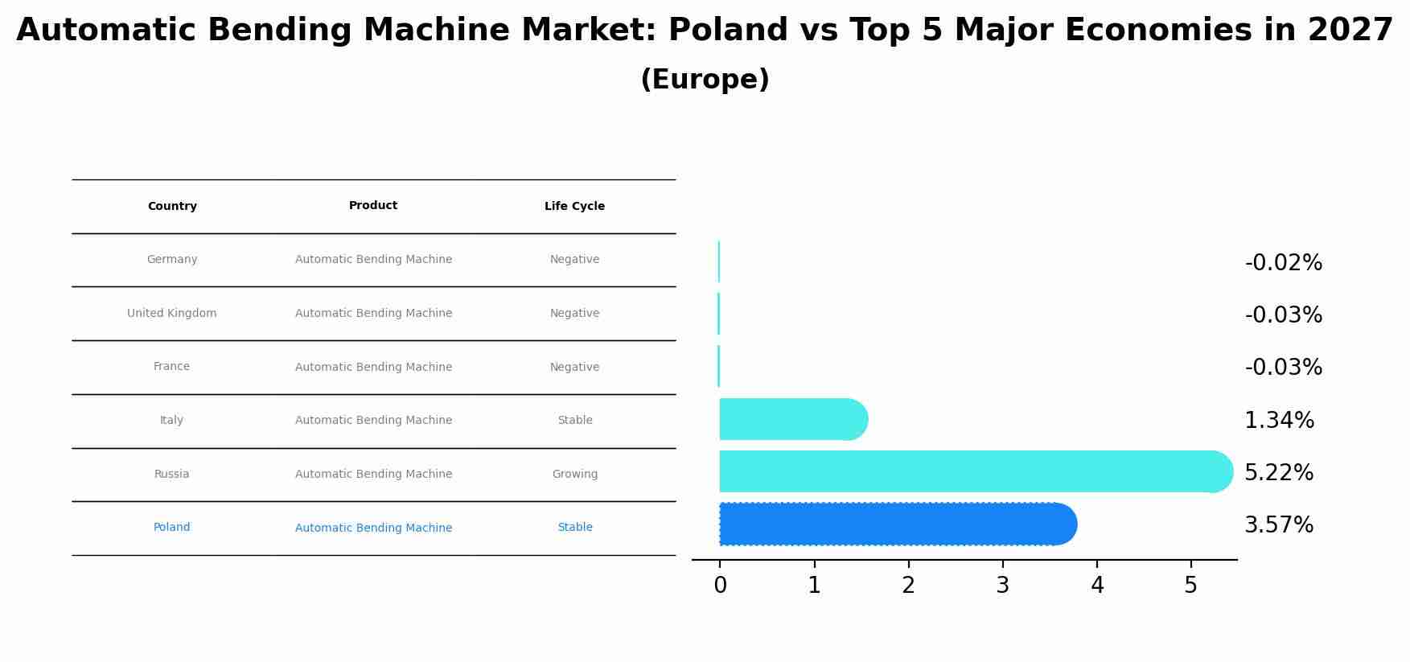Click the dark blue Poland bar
coord(897,524)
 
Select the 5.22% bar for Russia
coord(975,471)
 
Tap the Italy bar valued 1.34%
coord(792,419)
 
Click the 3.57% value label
coord(1278,525)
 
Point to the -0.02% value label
coord(1283,263)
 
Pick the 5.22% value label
coord(1278,473)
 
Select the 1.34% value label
coord(1278,421)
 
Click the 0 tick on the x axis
coord(720,586)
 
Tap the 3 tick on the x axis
coord(1002,586)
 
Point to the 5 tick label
coord(1190,586)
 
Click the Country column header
coord(172,207)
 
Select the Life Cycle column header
coord(574,207)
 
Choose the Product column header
coord(373,206)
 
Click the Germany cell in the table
coord(172,260)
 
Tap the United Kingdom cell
coord(172,314)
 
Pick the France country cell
coord(172,367)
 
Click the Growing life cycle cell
coord(574,475)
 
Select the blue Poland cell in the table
coord(172,528)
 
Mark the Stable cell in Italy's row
coord(574,421)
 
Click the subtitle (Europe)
coord(705,80)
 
